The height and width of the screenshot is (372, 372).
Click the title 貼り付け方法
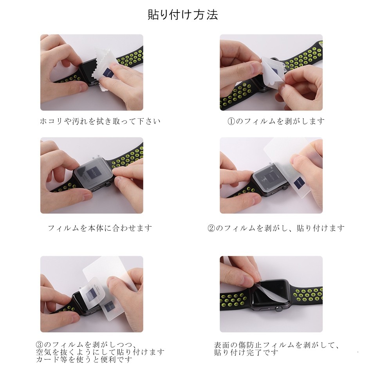[x=183, y=15]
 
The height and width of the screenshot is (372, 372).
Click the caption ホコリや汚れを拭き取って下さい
[x=100, y=121]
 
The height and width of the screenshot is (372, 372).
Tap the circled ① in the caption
[x=231, y=121]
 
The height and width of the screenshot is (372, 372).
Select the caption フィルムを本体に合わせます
[x=100, y=228]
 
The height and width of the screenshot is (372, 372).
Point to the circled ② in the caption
[x=211, y=228]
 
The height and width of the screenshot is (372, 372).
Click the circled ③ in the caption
[x=40, y=345]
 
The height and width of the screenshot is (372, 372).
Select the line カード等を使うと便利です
[x=84, y=359]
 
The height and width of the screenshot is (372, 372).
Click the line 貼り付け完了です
[x=246, y=352]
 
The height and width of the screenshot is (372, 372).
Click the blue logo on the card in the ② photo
[x=298, y=183]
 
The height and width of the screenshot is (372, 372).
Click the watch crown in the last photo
[x=279, y=309]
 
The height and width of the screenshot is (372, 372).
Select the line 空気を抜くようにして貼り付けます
[x=100, y=352]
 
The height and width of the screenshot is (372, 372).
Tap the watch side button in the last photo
[x=265, y=309]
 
